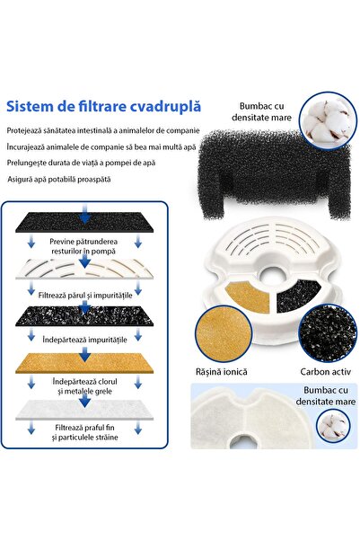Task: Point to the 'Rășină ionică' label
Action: [228, 371]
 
